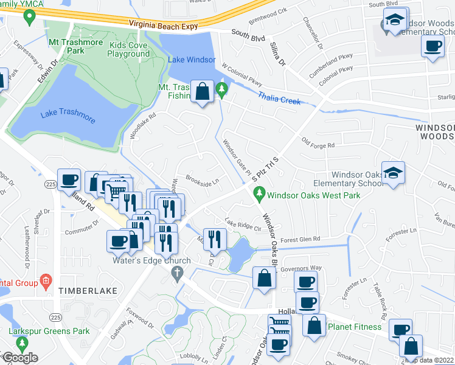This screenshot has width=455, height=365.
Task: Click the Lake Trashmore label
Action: point(68,116)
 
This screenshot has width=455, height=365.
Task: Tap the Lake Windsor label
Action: point(192,60)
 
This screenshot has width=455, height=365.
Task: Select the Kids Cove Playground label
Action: point(128,49)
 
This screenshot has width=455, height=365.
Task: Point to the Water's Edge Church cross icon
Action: point(178,274)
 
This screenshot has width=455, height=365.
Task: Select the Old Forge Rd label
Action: point(318,144)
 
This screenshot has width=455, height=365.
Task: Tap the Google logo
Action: point(20,358)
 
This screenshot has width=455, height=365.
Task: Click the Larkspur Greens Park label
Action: point(49,332)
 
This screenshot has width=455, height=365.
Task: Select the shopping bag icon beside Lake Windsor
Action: point(202,92)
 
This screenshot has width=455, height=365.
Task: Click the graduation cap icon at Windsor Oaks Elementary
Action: point(393,173)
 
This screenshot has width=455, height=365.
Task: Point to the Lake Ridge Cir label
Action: point(243,225)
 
